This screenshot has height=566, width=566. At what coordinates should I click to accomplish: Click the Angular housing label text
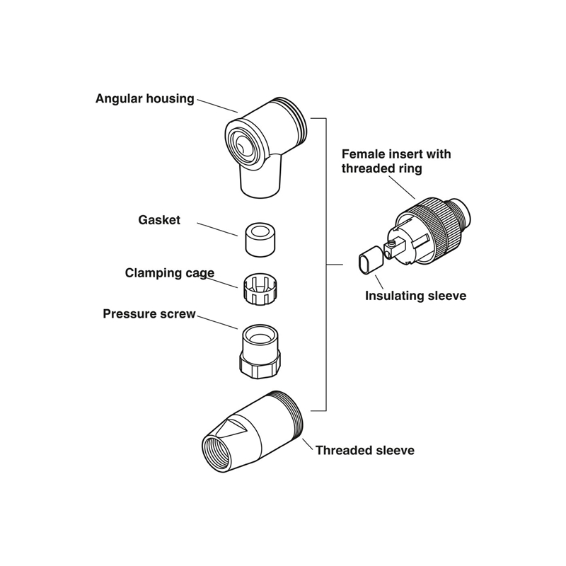[144, 98]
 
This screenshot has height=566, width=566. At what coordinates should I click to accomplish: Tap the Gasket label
[158, 220]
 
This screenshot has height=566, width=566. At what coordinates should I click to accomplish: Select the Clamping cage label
[170, 272]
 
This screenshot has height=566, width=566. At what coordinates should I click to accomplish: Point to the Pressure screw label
[149, 313]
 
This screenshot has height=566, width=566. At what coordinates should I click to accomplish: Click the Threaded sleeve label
[364, 450]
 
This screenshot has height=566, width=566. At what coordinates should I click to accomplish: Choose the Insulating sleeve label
[415, 296]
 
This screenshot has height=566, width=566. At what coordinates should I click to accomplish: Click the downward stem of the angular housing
[261, 180]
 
